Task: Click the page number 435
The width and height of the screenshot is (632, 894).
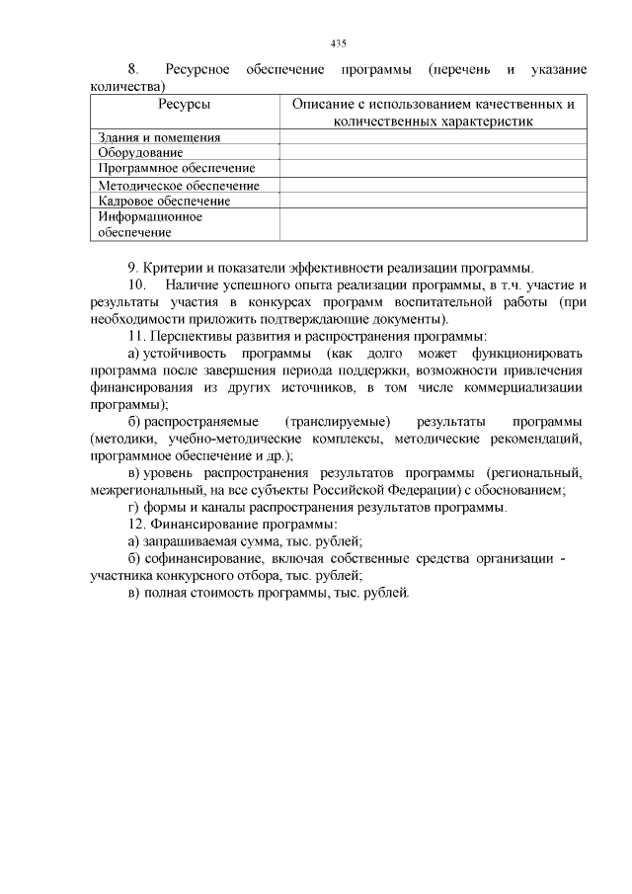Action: [338, 43]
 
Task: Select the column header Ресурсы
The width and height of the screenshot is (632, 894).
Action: [184, 104]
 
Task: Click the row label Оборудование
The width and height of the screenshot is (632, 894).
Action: [140, 153]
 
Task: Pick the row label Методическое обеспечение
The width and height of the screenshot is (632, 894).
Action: [179, 185]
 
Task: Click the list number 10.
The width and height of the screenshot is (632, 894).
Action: [136, 284]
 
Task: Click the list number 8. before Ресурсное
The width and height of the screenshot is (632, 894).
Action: [133, 70]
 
